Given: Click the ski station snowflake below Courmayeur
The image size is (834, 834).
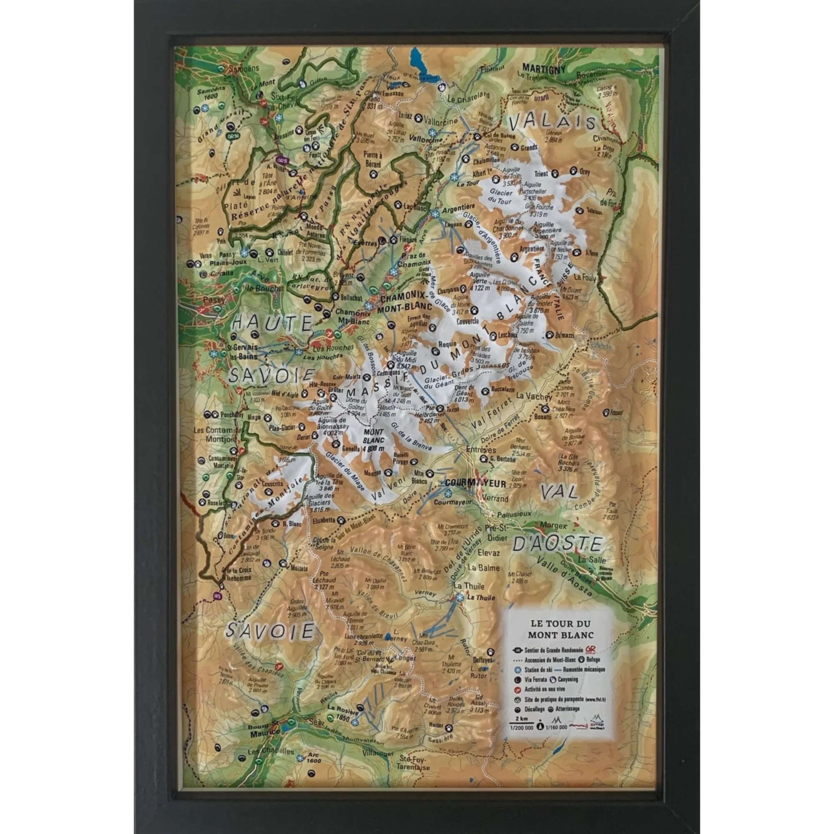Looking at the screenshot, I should coord(447,493).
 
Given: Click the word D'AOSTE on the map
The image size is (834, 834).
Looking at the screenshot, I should coord(557,545).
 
